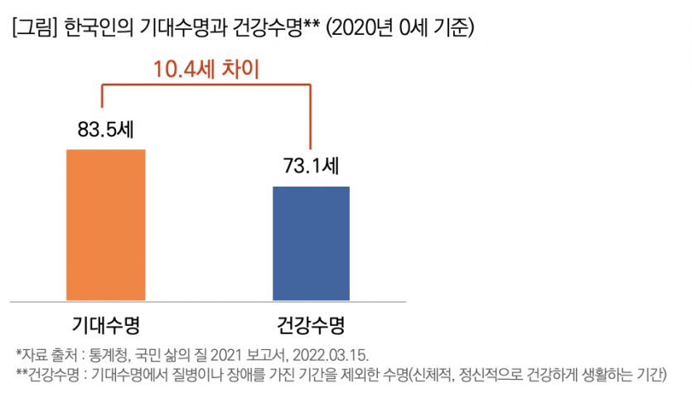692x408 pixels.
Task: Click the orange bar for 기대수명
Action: [x=105, y=224]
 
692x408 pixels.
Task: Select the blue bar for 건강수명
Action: [x=311, y=242]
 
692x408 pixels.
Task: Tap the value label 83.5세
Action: [x=104, y=129]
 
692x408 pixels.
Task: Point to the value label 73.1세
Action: [x=310, y=166]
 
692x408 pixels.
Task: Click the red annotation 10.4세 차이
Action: [x=207, y=68]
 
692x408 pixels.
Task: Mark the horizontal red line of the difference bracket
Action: [x=207, y=85]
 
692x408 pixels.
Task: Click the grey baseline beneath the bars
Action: [x=207, y=300]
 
